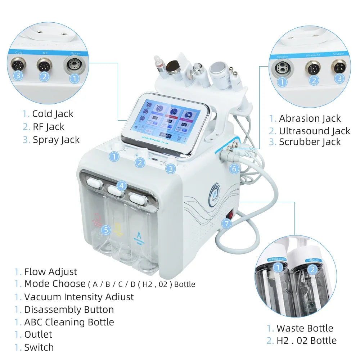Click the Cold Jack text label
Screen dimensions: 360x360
click(53, 114)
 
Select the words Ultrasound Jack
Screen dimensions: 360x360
click(314, 131)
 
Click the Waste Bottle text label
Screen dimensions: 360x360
click(305, 328)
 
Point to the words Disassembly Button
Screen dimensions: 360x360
click(69, 309)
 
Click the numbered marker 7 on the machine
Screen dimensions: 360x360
click(226, 223)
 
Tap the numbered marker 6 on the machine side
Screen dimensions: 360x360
click(234, 168)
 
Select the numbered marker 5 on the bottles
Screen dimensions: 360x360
click(105, 229)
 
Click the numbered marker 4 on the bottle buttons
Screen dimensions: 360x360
click(122, 186)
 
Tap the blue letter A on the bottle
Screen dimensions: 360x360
click(139, 236)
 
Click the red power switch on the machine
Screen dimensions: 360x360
click(229, 215)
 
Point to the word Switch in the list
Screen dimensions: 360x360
click(39, 347)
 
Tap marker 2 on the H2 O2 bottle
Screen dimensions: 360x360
click(312, 270)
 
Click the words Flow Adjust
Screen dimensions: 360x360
click(50, 271)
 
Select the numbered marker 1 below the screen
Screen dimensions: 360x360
click(114, 156)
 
